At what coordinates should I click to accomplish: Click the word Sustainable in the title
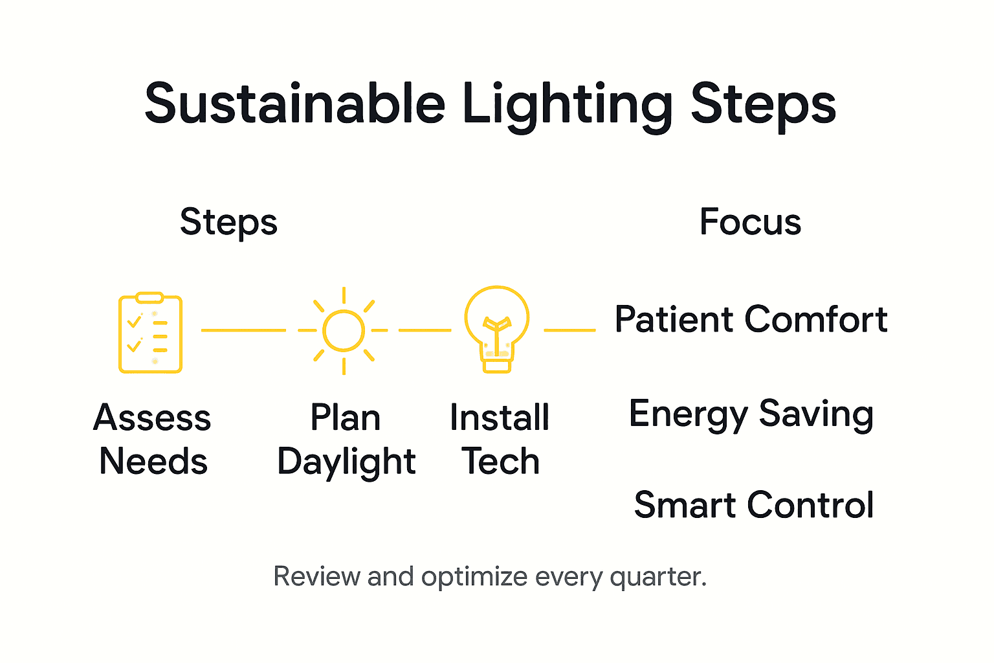click(295, 104)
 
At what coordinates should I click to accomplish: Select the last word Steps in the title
click(763, 106)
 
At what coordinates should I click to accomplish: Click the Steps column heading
click(228, 223)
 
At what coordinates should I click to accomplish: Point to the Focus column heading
click(750, 222)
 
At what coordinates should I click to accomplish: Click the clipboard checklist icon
click(150, 333)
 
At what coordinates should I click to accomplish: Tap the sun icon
click(344, 331)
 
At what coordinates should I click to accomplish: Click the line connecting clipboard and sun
click(243, 330)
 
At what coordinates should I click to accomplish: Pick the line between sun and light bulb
click(425, 330)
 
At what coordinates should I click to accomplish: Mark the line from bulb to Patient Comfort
click(569, 330)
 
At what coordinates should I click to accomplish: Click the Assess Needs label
click(153, 439)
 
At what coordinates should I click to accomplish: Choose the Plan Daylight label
click(346, 440)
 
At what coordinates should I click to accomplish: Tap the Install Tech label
click(500, 439)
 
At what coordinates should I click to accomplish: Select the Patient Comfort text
click(751, 319)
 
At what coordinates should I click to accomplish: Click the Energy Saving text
click(751, 414)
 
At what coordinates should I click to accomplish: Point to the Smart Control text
click(754, 505)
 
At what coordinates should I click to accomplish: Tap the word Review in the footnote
click(316, 576)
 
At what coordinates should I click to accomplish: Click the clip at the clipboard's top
click(149, 297)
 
